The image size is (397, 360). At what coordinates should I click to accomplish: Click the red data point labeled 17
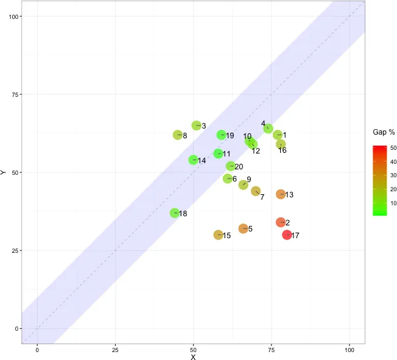(x=287, y=235)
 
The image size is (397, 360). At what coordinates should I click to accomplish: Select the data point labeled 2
(x=281, y=222)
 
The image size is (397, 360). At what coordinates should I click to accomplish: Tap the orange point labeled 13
(x=281, y=194)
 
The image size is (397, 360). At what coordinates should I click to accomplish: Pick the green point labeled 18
(x=175, y=213)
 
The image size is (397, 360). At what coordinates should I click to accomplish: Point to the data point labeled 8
(x=178, y=135)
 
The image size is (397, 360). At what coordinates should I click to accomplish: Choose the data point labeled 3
(x=196, y=125)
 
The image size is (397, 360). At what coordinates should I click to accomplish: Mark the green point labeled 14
(x=193, y=160)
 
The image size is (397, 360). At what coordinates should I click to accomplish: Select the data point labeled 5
(x=243, y=228)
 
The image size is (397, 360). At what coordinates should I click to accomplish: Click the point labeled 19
(x=221, y=135)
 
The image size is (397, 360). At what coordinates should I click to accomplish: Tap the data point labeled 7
(x=256, y=191)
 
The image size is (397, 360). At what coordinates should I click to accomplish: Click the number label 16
(x=283, y=150)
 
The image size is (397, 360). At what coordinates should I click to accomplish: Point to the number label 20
(x=239, y=166)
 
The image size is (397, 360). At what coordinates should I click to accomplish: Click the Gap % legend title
(x=384, y=132)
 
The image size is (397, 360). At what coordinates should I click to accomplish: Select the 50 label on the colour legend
(x=393, y=148)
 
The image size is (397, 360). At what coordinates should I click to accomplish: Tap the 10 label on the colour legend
(x=393, y=203)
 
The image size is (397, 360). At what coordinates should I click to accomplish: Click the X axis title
(x=193, y=357)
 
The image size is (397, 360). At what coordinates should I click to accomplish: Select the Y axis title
(x=4, y=172)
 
